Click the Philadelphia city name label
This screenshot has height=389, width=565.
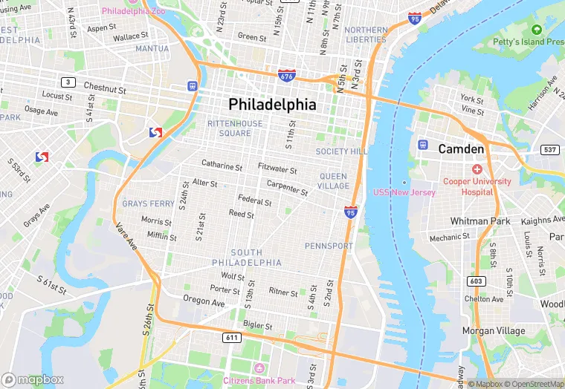tap(272, 104)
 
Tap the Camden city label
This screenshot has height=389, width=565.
tap(461, 149)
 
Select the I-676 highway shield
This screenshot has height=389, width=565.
tap(286, 76)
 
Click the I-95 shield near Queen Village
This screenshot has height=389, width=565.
tap(351, 212)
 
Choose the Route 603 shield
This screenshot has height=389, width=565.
tap(477, 281)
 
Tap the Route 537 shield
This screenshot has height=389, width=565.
tap(550, 150)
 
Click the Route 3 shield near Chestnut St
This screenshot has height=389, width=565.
tap(68, 82)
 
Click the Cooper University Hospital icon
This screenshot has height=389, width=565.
tap(477, 169)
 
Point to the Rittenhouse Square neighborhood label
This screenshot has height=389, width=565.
tap(235, 128)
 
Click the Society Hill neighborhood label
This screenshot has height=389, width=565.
tap(341, 151)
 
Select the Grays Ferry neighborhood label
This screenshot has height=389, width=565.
tap(149, 203)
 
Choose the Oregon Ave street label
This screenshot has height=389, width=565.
tap(204, 302)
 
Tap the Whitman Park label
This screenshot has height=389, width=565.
tap(480, 221)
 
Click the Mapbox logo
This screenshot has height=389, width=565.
tap(33, 379)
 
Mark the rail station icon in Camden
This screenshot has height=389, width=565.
tap(423, 144)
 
